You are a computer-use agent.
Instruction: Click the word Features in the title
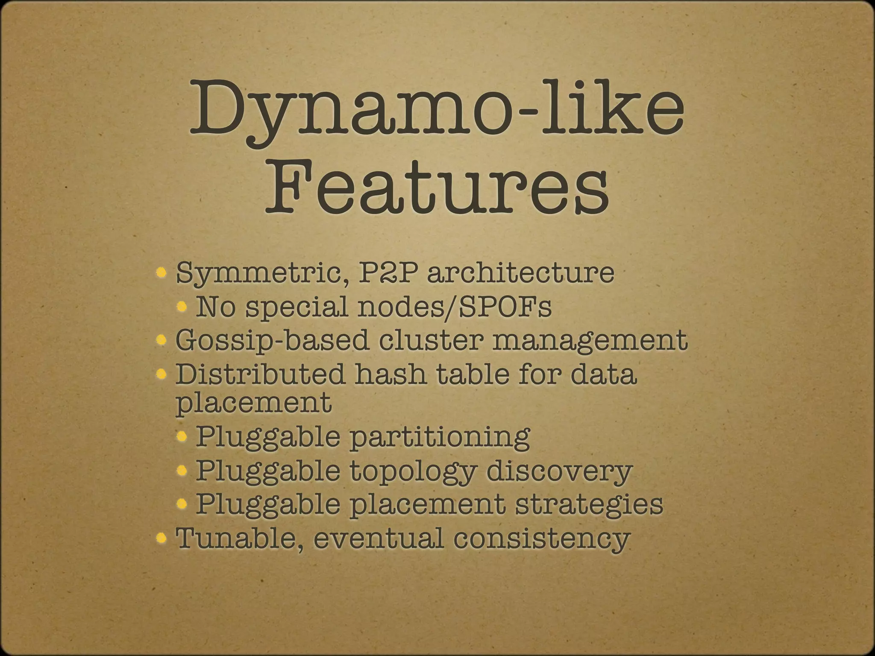[437, 187]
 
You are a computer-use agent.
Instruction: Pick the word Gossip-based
[272, 341]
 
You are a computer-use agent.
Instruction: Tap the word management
[590, 341]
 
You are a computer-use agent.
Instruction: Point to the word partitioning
[440, 437]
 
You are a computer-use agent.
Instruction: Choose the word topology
[413, 471]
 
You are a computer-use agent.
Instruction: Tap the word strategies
[589, 504]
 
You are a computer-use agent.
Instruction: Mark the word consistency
[542, 539]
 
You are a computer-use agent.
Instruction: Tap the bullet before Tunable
[161, 537]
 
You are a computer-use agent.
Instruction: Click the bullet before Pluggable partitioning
[182, 436]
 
